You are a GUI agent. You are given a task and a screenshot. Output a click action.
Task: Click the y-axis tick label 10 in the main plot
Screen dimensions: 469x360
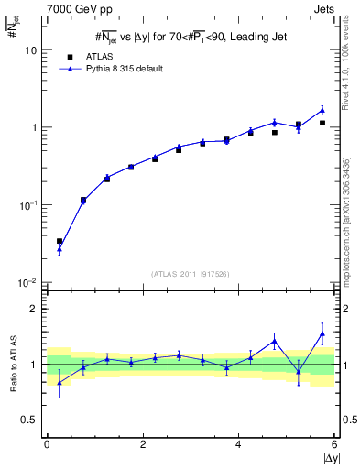point(30,50)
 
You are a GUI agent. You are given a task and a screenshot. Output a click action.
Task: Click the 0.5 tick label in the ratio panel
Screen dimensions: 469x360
point(29,420)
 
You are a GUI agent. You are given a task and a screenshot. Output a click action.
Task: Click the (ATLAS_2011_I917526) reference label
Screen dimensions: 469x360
point(191,273)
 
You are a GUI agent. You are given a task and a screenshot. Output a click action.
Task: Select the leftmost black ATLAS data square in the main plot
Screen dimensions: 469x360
point(60,242)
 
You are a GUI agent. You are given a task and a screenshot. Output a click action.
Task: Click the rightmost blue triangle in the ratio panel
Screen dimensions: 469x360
point(322,333)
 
